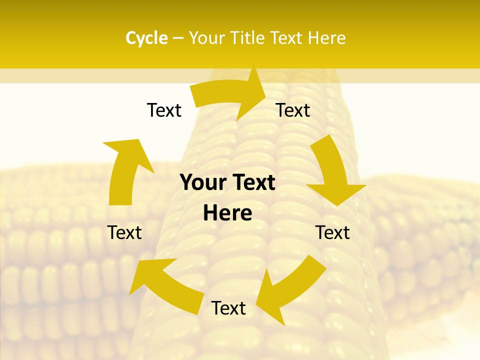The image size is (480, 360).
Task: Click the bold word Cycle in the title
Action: pyautogui.click(x=146, y=38)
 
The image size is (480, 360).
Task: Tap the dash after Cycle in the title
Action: pyautogui.click(x=178, y=38)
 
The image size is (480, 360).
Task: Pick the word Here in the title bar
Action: pyautogui.click(x=327, y=38)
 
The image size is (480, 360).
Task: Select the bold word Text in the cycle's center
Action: pyautogui.click(x=252, y=183)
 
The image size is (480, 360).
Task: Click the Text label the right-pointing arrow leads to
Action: pyautogui.click(x=293, y=110)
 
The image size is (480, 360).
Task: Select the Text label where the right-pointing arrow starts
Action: pyautogui.click(x=164, y=110)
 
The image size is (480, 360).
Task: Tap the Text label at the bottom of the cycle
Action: pyautogui.click(x=228, y=308)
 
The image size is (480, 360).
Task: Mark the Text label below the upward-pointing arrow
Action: pyautogui.click(x=124, y=232)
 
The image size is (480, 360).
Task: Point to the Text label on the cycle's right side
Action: pyautogui.click(x=332, y=232)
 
